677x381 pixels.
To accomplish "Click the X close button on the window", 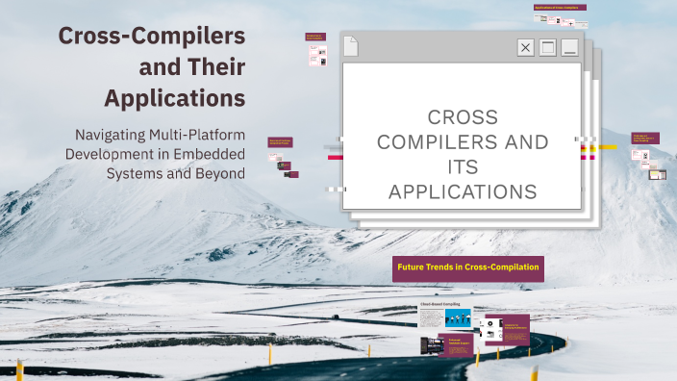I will tap(525, 47).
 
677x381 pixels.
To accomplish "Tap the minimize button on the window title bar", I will tap(570, 47).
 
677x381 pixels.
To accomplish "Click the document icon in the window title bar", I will tap(351, 45).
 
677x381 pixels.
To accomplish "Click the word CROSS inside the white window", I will tap(463, 117).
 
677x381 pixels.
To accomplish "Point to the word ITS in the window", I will tap(463, 167).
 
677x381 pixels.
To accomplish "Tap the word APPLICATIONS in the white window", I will tap(463, 192).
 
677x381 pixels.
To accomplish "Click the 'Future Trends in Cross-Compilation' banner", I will tap(468, 267).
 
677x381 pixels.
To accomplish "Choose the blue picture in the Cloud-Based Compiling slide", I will tap(458, 317).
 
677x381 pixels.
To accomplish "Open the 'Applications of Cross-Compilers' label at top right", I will tap(561, 8).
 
